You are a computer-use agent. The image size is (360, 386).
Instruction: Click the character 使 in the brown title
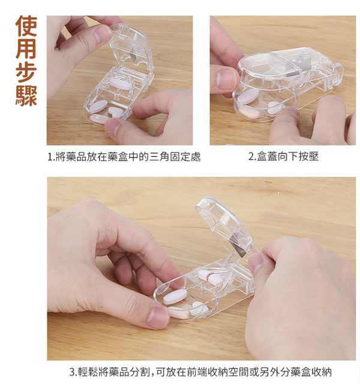[26, 26]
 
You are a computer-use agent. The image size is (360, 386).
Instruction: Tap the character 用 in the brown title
[26, 49]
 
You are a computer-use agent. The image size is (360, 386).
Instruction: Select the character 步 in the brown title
[26, 71]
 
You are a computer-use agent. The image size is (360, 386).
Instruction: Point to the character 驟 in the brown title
[26, 95]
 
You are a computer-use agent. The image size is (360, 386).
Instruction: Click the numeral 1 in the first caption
[50, 157]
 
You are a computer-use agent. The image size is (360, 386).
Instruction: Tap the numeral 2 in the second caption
[251, 156]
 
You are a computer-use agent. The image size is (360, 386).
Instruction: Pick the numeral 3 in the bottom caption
[72, 372]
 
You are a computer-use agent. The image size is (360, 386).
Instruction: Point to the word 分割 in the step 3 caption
[137, 372]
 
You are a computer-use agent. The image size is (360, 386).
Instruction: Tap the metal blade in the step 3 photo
[236, 243]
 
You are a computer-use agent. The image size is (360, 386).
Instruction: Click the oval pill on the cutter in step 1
[121, 84]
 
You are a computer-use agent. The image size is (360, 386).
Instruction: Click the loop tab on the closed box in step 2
[338, 73]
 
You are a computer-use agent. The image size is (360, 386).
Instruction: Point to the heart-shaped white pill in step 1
[116, 112]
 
